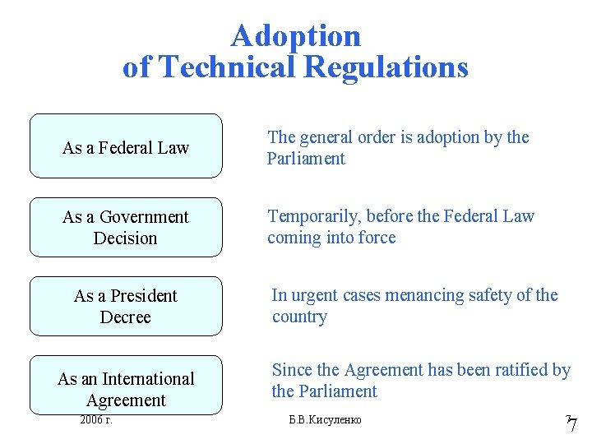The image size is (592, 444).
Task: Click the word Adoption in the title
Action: point(296,35)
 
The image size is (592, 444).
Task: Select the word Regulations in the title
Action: point(386,67)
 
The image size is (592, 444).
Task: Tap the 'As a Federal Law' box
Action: point(126,147)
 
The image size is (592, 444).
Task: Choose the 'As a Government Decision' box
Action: point(126,227)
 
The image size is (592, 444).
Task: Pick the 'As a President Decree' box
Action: point(126,306)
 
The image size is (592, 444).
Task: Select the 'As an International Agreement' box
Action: point(126,385)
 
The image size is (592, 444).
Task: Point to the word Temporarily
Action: point(314,216)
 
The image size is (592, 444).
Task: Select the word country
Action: point(299,317)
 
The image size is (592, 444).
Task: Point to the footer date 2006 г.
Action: point(96,420)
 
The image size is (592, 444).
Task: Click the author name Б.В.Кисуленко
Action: point(326,420)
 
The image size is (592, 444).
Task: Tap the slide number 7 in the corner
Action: point(572,424)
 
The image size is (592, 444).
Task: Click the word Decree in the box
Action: point(126,317)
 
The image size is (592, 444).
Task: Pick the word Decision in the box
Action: point(126,238)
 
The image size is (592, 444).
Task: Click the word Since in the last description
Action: point(292,370)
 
